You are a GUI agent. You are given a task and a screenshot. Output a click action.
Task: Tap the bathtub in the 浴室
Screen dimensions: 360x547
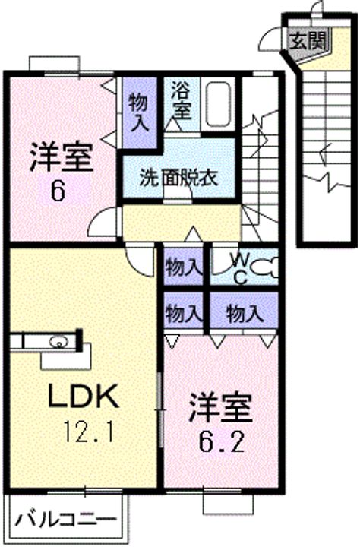[x=218, y=104]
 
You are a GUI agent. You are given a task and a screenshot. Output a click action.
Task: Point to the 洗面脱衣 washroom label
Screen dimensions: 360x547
[x=179, y=178]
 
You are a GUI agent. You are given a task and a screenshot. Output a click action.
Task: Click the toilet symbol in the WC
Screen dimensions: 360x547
[x=265, y=267]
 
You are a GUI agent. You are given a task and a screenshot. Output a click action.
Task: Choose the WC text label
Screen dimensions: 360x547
[x=240, y=267]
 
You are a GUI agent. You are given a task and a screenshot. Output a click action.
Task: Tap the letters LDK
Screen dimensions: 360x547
[x=83, y=396]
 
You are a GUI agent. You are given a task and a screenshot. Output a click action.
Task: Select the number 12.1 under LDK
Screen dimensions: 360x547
[x=89, y=432]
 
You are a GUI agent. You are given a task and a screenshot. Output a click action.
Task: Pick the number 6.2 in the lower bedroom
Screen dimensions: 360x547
[x=221, y=441]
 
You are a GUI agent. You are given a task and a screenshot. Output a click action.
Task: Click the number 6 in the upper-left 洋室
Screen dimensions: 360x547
[x=58, y=191]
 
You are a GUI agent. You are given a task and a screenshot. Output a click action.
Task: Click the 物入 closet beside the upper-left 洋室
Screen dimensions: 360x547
[x=140, y=112]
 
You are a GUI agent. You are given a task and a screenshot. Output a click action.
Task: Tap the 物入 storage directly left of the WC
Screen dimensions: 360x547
[x=184, y=267]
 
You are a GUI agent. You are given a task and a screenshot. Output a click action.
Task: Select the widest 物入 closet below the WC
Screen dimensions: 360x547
[x=244, y=312]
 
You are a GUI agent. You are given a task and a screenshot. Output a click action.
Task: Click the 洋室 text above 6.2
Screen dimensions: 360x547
[x=221, y=408]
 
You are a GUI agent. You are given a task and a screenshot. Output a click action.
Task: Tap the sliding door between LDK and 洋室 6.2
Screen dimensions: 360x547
[x=160, y=409]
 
